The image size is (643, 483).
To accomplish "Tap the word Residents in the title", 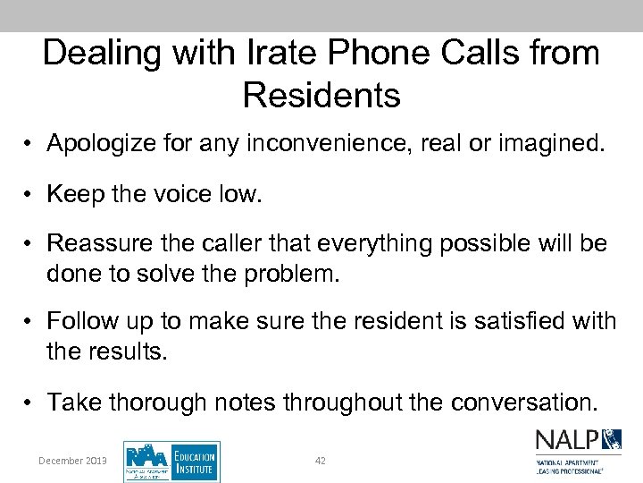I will [321, 95].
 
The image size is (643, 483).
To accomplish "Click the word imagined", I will [545, 144].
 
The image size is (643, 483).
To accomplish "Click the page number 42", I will [321, 461].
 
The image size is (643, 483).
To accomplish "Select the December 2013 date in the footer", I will [72, 461].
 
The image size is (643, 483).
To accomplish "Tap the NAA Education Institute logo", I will [171, 462].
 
